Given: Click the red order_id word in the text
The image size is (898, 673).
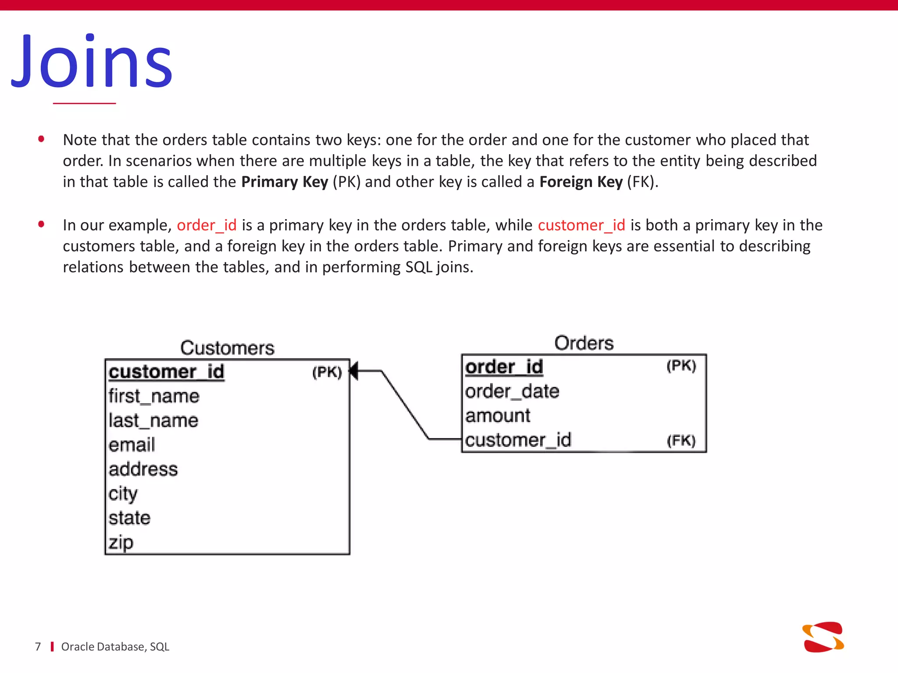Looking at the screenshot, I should (207, 225).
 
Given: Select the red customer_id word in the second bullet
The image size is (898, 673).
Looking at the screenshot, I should (581, 225).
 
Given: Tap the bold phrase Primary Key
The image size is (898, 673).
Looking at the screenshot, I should (285, 182).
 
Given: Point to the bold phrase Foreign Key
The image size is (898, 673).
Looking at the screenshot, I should (581, 182).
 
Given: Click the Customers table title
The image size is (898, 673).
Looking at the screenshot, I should (227, 348).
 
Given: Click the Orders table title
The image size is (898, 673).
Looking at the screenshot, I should (584, 343).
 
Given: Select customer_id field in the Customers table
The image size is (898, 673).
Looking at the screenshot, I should (166, 372).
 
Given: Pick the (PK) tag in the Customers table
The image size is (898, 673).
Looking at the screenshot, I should (327, 372).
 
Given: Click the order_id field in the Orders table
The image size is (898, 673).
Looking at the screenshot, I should (504, 367).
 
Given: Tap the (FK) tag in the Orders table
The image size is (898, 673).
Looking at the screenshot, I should (681, 440).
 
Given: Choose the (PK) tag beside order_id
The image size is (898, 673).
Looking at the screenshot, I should (681, 366).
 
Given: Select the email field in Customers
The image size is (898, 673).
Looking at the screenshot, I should (132, 445).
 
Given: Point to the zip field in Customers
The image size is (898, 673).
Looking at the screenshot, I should (121, 542).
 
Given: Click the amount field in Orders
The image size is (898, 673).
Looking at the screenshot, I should (498, 415).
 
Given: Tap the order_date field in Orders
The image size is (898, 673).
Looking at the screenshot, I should (512, 391).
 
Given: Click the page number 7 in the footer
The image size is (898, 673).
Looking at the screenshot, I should (38, 647).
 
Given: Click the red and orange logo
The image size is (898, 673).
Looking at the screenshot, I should (823, 637).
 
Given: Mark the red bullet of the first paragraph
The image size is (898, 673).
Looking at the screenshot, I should (41, 139).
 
